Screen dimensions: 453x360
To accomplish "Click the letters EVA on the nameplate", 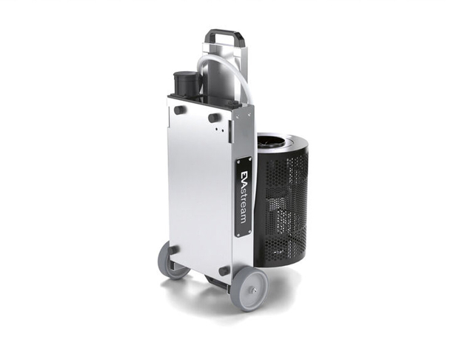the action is pos(244,178).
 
